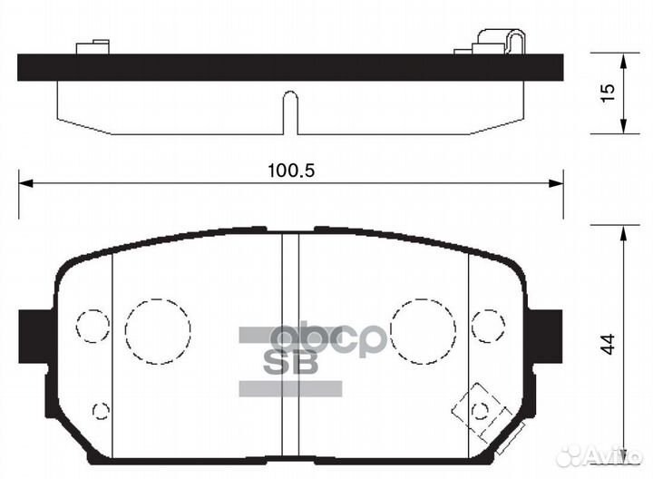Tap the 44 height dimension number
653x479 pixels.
[609, 344]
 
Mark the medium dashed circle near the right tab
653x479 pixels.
[488, 325]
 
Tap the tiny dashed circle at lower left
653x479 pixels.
[101, 410]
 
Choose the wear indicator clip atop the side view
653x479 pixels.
[502, 42]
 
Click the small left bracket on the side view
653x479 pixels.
[94, 45]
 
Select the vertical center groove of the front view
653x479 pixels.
[290, 345]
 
